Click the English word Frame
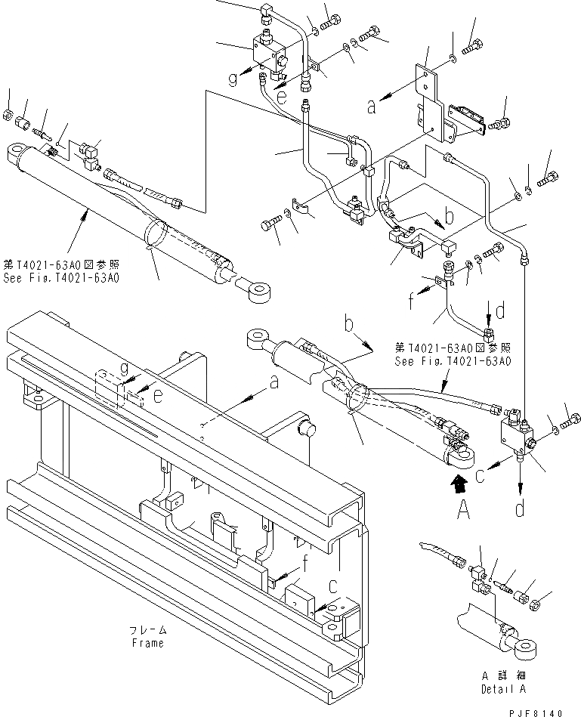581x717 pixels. click(x=146, y=643)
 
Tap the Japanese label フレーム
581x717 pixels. click(x=146, y=630)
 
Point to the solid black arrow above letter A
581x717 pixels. click(x=457, y=484)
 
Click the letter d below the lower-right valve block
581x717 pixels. click(x=520, y=508)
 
